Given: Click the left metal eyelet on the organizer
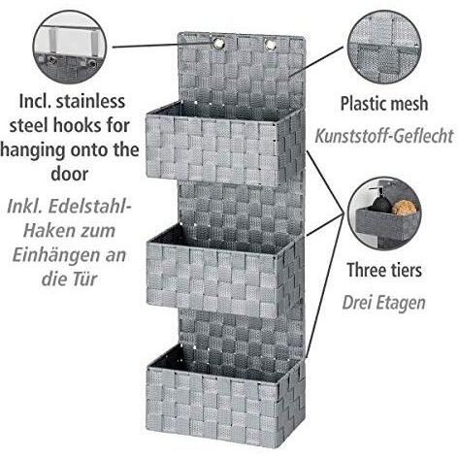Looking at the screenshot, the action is (x=217, y=44).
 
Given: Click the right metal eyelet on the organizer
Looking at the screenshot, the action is (x=270, y=45).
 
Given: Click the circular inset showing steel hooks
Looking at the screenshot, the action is (x=69, y=48).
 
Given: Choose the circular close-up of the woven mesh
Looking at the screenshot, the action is (x=384, y=48).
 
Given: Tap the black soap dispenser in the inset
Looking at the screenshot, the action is (x=379, y=201).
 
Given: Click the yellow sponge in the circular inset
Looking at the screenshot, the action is (x=404, y=207).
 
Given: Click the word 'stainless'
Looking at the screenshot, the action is (x=90, y=101).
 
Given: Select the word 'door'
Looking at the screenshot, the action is (x=69, y=174).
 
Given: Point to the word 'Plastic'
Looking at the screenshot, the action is (x=359, y=104).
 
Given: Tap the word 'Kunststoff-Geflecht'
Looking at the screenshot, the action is (x=384, y=136).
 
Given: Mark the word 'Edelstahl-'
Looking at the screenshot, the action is (x=87, y=207).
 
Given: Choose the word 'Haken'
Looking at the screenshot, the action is (x=44, y=231).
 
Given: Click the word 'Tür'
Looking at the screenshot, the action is (x=84, y=278).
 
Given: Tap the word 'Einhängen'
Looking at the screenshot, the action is (x=56, y=255).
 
